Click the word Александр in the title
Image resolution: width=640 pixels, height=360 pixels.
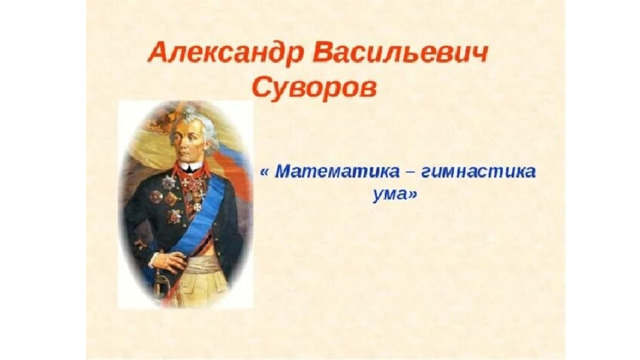coord(226,54)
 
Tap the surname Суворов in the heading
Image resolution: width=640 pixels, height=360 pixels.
coord(314,88)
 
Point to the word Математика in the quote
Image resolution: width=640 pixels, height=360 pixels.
coord(336,171)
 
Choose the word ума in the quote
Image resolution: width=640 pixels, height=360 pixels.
coord(389,195)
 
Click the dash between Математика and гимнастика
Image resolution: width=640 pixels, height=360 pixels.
coord(410,173)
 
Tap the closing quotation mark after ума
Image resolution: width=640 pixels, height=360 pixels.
coord(412,195)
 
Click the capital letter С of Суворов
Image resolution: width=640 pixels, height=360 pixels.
coord(262,87)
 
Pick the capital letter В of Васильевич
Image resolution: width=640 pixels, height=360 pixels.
coord(325,52)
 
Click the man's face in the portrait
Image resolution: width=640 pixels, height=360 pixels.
coord(187,140)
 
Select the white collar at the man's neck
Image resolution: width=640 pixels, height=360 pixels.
coord(189,167)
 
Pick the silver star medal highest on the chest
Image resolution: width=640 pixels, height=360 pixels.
coord(169,182)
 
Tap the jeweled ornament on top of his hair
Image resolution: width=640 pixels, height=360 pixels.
coord(189,112)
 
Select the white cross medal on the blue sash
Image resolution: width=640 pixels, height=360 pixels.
coord(198,207)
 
